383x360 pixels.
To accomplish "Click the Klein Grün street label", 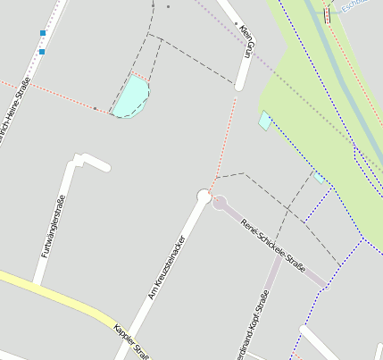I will [248, 43].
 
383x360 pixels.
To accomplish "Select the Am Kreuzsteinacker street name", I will [166, 266].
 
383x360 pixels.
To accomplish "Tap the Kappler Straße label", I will [129, 341].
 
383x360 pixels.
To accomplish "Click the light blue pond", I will [131, 96].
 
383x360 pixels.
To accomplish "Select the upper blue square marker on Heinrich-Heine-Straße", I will [42, 33].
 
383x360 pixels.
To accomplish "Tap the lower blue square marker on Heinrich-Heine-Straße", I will [41, 52].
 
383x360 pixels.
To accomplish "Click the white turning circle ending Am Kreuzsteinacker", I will [204, 196].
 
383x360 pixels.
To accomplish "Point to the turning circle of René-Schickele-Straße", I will [220, 203].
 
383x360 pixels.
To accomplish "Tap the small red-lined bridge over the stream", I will [328, 15].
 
